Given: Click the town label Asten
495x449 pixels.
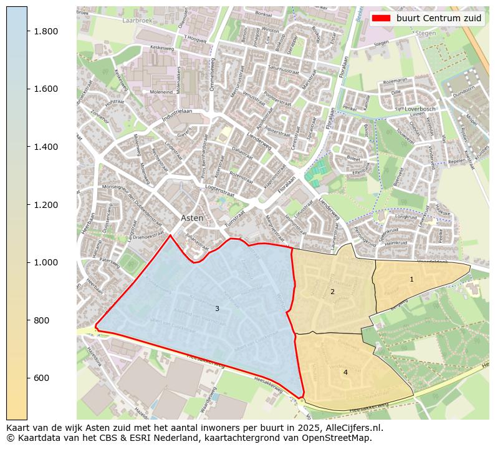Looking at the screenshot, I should click(x=192, y=219).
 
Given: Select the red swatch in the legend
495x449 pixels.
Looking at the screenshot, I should click(x=382, y=18).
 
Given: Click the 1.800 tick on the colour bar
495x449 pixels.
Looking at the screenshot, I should click(x=46, y=31).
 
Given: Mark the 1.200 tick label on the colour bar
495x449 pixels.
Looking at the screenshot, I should click(x=46, y=205).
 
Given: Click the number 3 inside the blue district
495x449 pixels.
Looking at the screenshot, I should click(x=217, y=308).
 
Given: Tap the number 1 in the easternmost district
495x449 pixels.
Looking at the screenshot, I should click(x=411, y=279).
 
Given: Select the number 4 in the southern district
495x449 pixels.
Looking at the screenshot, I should click(x=345, y=372).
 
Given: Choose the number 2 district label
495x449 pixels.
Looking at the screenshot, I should click(x=332, y=292).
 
